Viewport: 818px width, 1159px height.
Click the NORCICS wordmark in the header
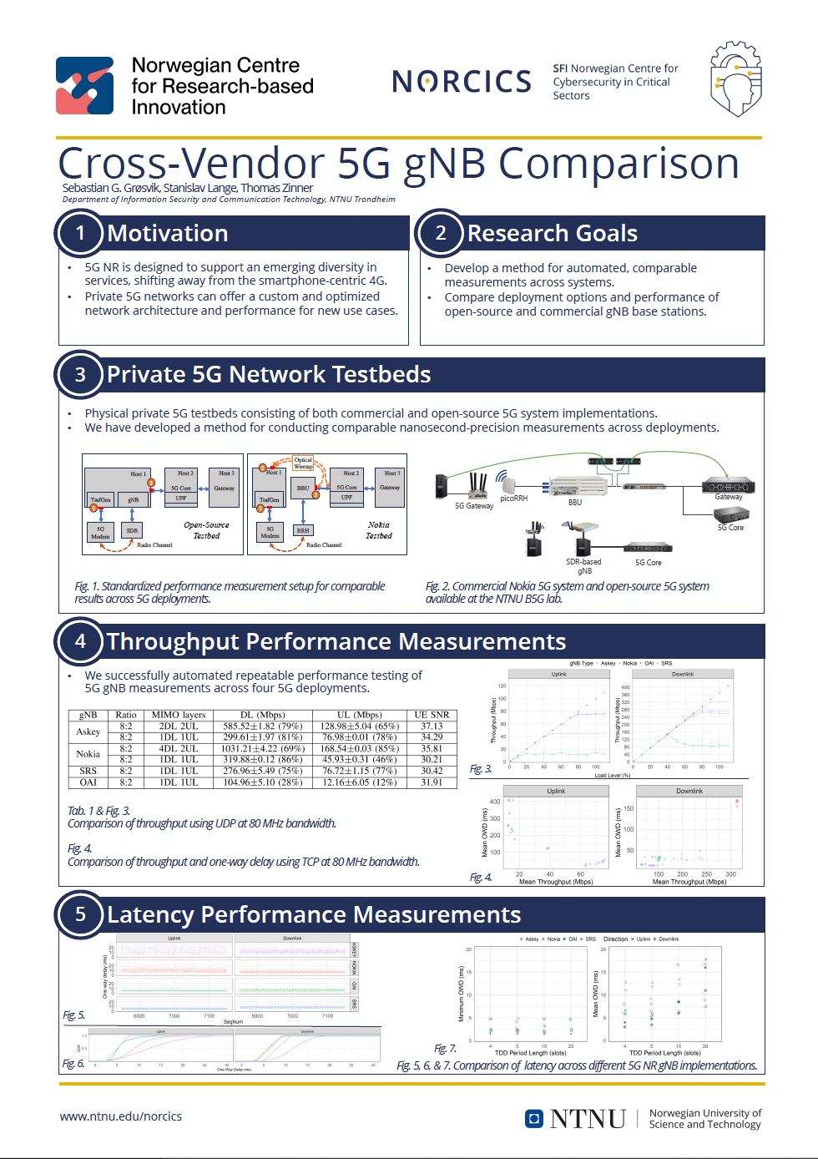[x=462, y=81]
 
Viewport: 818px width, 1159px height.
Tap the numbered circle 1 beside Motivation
[x=80, y=233]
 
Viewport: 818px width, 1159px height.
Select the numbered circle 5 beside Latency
[x=80, y=914]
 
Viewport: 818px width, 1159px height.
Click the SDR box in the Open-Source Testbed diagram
[x=132, y=530]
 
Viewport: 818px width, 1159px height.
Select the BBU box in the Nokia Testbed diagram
[x=303, y=488]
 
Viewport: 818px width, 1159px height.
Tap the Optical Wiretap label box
[x=303, y=463]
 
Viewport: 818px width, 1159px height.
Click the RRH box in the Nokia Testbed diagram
[x=303, y=530]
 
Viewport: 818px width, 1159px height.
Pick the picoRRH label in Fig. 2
[x=513, y=498]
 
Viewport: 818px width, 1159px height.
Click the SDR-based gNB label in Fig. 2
[x=584, y=566]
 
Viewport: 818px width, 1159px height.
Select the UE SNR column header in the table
[x=432, y=715]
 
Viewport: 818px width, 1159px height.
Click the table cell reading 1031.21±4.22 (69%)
[x=262, y=749]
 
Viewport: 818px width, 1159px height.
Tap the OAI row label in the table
[x=88, y=782]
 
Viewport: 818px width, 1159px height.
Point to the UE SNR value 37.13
[x=432, y=726]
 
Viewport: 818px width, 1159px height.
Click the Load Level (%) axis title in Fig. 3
[x=612, y=776]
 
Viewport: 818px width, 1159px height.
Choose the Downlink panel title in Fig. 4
[x=689, y=791]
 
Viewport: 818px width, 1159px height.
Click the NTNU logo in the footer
[x=575, y=1119]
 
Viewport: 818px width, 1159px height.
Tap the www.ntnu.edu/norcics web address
[x=120, y=1116]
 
